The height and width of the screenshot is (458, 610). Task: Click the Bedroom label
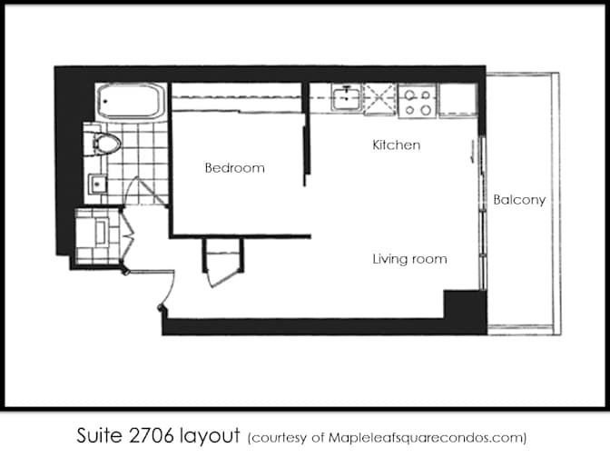point(234,168)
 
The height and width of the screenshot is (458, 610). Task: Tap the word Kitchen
point(397,144)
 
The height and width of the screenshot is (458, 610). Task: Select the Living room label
point(409,259)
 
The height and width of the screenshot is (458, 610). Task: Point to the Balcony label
point(519,200)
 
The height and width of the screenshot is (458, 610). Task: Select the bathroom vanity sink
point(97,184)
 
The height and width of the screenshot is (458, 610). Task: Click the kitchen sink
point(346,97)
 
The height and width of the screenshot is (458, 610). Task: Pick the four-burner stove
point(418,101)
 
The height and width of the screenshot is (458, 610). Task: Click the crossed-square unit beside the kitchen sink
point(379,99)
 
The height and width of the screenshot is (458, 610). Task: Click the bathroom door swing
point(146,192)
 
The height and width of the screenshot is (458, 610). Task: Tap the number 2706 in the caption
point(152,435)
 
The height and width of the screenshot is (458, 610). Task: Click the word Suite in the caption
point(100,435)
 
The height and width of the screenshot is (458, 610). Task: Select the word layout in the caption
point(210,436)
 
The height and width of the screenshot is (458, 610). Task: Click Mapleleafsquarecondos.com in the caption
point(425,438)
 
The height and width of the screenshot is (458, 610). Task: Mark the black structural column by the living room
point(466,304)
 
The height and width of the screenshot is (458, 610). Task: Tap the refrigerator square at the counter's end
point(458,100)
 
